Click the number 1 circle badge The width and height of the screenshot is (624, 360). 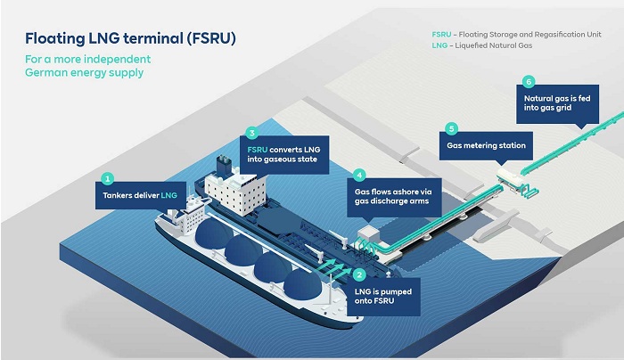(107, 178)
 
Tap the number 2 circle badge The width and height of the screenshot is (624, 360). (359, 274)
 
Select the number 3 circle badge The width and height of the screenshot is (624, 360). (252, 133)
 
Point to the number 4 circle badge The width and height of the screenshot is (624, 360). (359, 175)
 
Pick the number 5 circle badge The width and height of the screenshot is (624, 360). (451, 128)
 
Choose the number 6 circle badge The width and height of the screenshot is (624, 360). (529, 82)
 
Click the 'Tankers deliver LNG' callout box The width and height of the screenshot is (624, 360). (141, 195)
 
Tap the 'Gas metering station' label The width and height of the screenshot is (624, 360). (486, 145)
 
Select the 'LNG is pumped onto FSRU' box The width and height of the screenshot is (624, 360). (383, 297)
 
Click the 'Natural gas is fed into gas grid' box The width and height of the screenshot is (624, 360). (557, 103)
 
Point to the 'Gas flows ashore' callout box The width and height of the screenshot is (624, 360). (394, 197)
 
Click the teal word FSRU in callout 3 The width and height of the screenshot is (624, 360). (257, 150)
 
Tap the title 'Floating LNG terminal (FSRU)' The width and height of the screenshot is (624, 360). (130, 38)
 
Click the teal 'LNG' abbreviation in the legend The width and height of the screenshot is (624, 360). (439, 45)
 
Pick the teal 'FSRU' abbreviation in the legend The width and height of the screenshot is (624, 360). (442, 35)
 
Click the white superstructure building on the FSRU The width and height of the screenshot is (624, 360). (235, 192)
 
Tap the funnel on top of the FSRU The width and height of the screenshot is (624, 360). (224, 164)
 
